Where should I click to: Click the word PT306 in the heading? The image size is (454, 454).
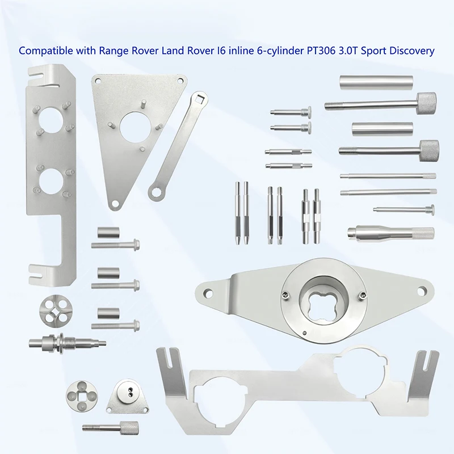321,51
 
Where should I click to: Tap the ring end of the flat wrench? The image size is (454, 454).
156,192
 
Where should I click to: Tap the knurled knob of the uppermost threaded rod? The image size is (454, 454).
427,104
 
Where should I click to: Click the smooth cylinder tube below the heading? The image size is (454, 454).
376,82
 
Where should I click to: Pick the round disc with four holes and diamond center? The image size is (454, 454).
52,313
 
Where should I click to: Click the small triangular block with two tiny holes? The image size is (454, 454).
127,396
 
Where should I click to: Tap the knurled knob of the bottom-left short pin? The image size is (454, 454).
129,428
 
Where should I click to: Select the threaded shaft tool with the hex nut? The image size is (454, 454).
67,343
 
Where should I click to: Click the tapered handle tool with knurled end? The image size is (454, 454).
390,232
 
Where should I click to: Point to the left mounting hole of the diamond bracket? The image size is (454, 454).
208,293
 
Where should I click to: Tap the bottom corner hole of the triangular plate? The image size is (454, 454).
115,204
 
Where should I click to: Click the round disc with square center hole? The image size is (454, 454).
82,395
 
